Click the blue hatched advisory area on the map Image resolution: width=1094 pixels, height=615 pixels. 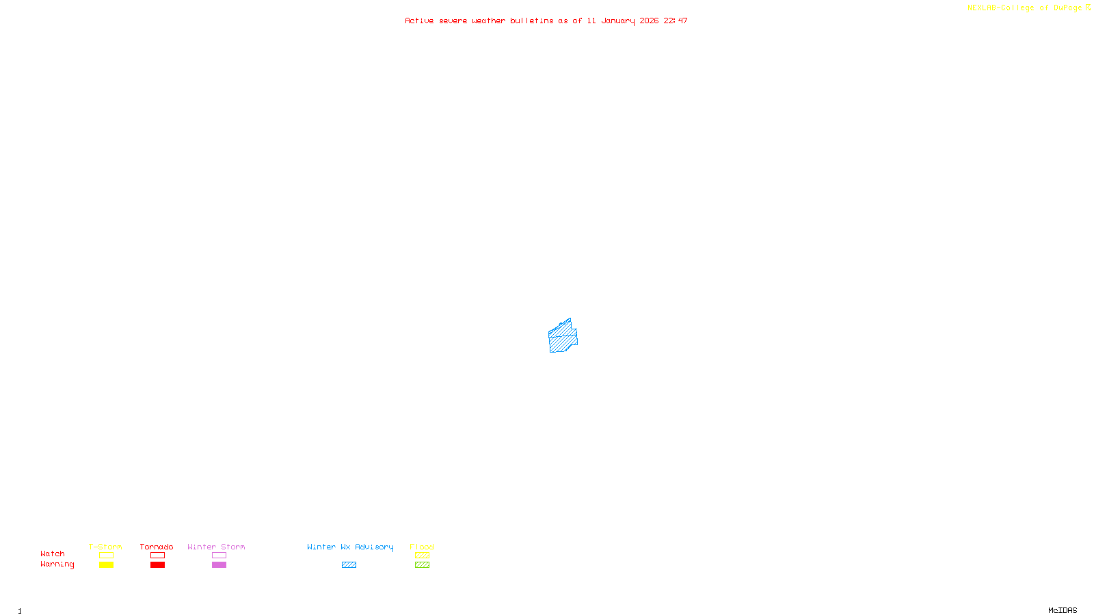563,337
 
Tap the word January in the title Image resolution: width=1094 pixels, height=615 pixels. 617,20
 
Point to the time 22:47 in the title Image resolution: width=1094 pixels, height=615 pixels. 676,20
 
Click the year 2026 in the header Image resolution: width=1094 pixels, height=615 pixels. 649,20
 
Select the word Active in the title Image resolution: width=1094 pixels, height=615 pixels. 419,20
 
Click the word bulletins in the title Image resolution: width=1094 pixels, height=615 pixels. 532,20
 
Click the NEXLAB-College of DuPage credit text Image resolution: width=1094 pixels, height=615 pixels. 1024,8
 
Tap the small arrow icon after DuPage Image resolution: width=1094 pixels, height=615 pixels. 1088,8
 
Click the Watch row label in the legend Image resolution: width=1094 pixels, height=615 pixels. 53,553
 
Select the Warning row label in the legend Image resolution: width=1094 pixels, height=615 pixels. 57,564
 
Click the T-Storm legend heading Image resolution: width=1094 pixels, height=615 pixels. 105,547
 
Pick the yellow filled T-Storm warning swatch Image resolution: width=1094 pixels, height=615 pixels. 106,565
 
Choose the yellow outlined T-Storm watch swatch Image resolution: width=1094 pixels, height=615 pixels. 106,556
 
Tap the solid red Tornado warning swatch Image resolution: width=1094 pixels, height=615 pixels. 157,565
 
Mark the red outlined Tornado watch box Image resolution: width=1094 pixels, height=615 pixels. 157,556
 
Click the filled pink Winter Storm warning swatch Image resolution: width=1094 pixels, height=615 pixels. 219,565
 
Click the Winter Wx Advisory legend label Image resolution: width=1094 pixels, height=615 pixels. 350,547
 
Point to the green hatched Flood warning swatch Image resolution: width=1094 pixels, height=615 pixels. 422,565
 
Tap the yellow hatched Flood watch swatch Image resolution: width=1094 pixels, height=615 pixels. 422,556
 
